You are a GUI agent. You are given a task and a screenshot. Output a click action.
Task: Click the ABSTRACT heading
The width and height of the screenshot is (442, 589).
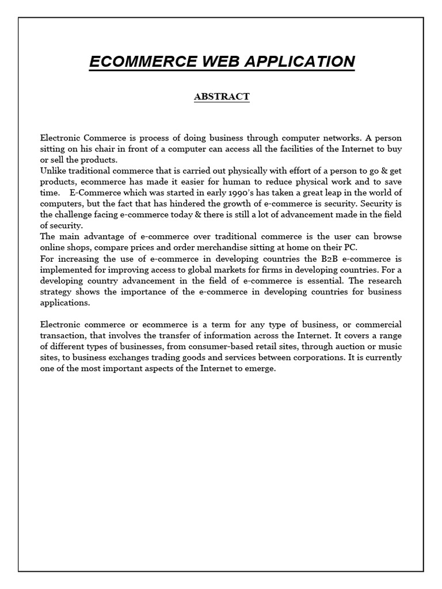click(222, 97)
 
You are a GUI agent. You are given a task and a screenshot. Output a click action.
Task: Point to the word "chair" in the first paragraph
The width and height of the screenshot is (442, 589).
click(110, 149)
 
